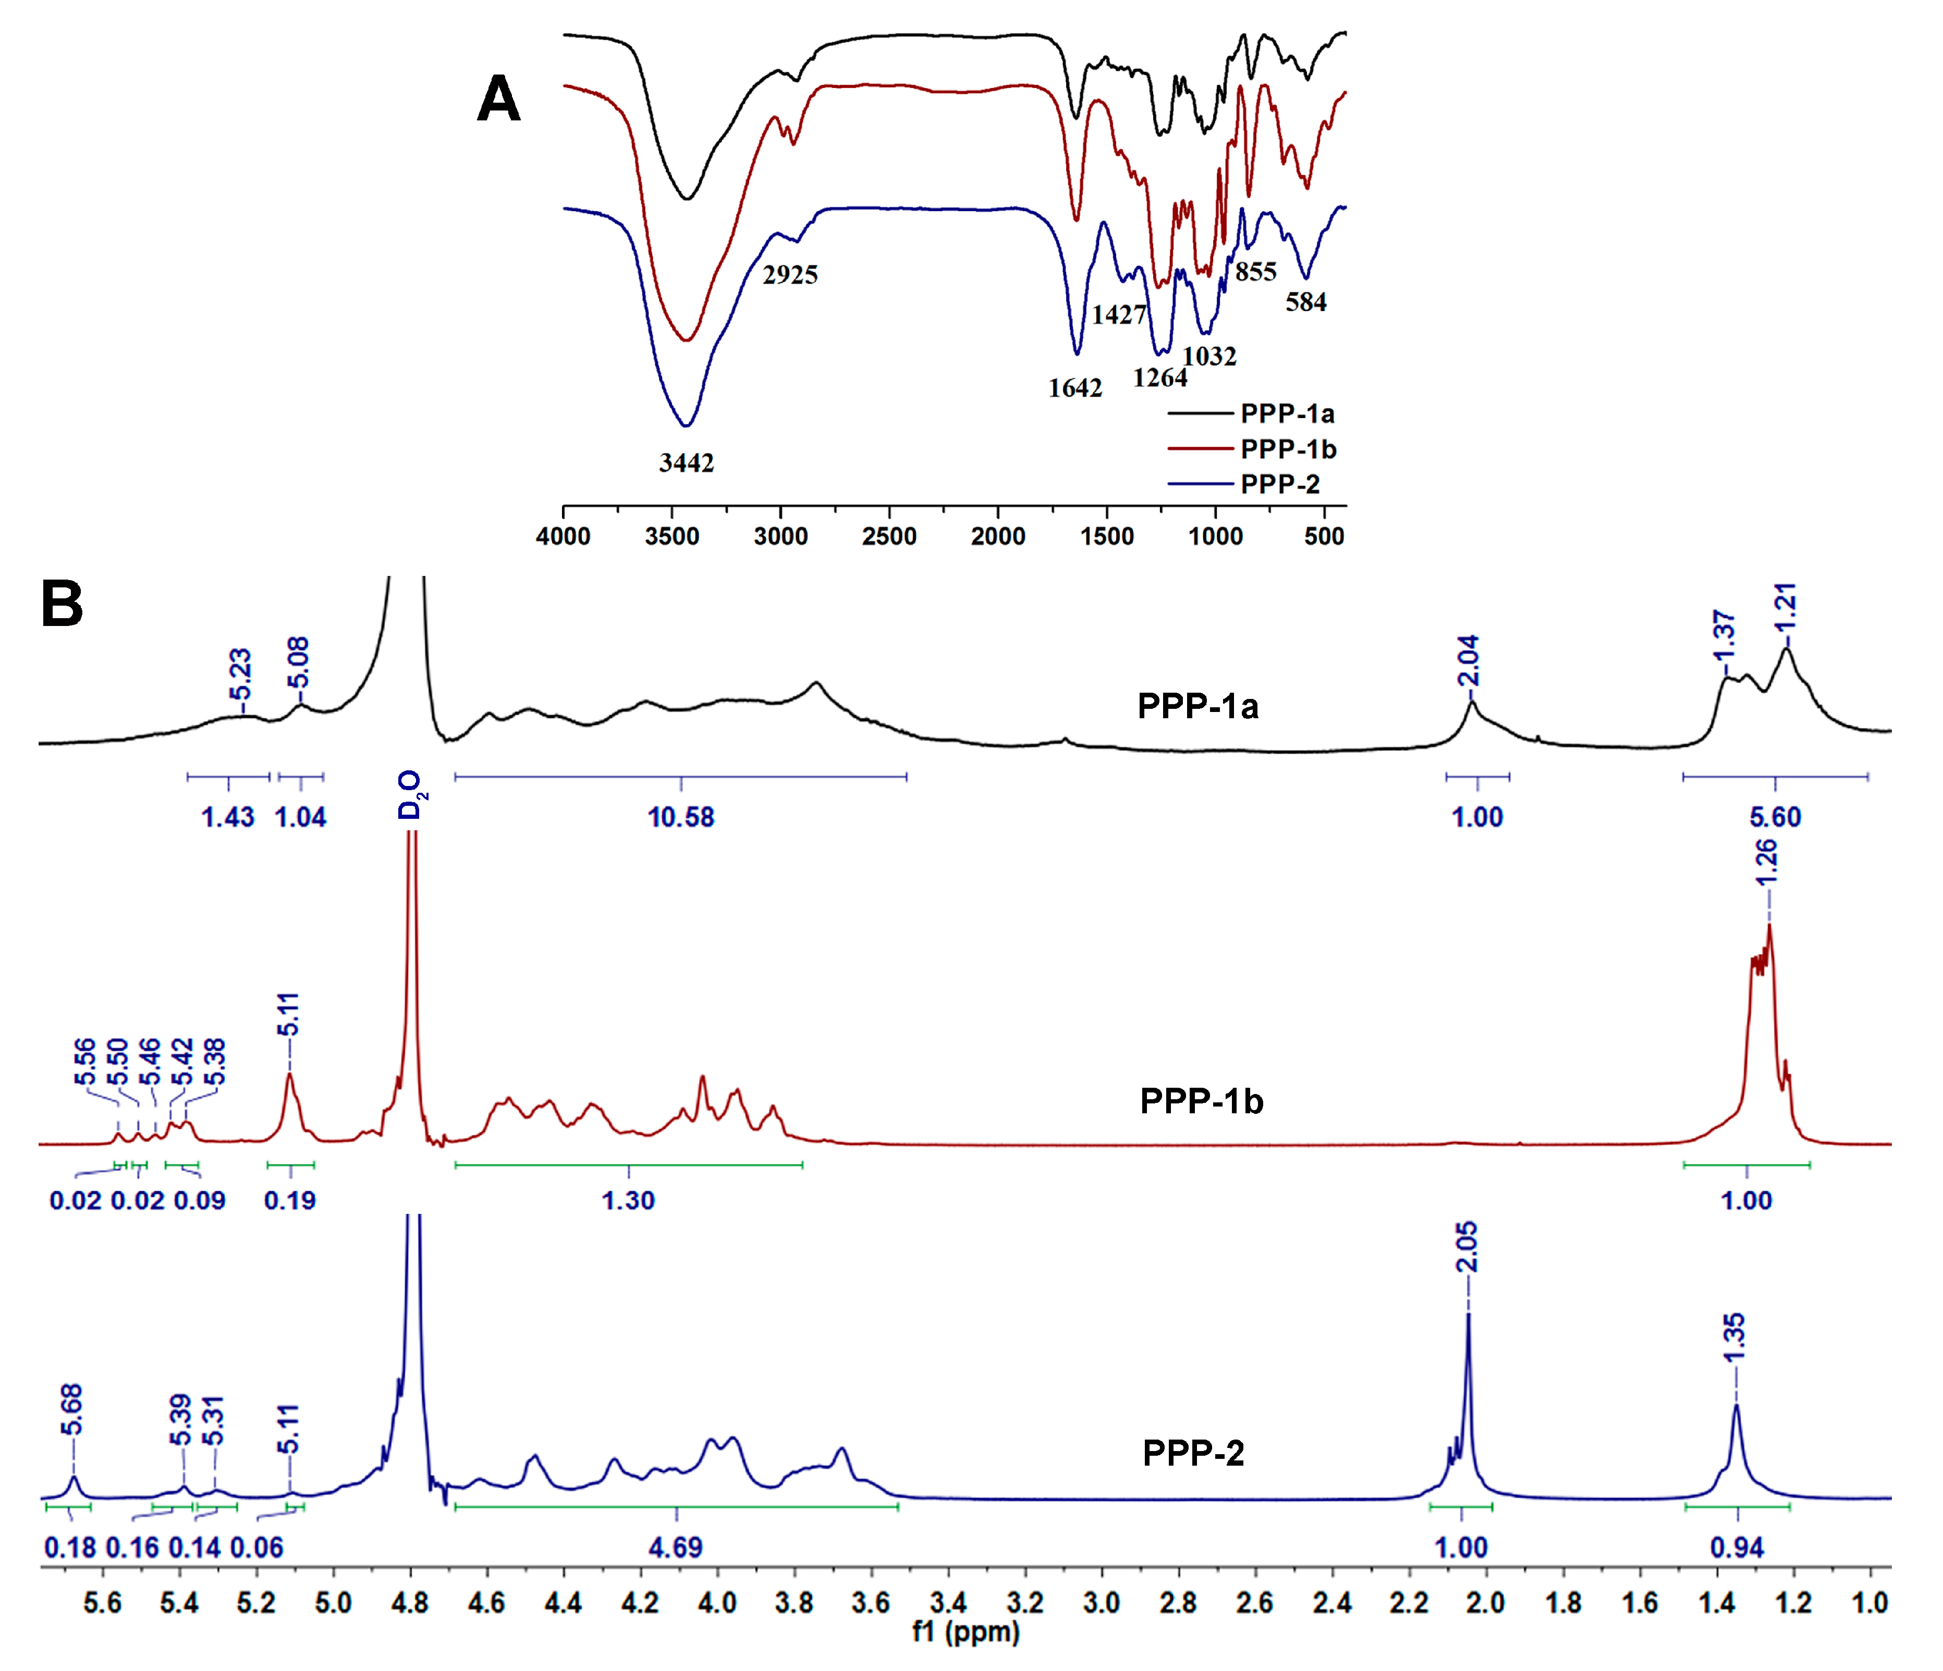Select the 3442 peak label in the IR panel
[x=687, y=463]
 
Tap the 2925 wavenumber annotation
[x=790, y=275]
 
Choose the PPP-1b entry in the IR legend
[x=1288, y=449]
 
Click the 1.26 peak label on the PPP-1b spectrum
[x=1766, y=861]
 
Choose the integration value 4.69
[x=675, y=1547]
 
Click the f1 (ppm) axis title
[x=966, y=1632]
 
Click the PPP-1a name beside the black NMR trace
[x=1197, y=706]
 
